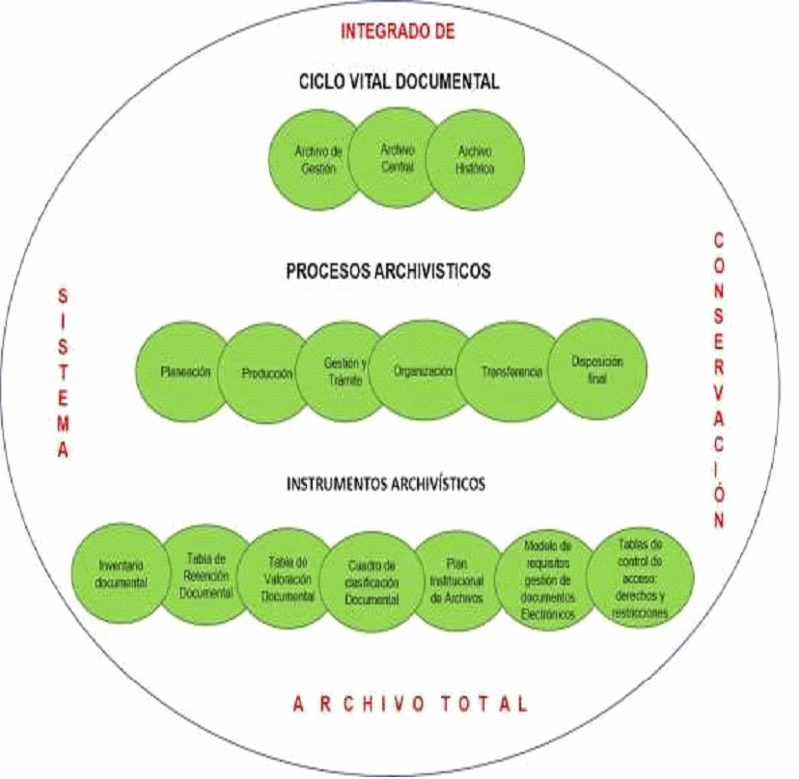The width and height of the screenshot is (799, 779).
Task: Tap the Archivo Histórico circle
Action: point(476,159)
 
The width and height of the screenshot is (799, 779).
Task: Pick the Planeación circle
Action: point(186,372)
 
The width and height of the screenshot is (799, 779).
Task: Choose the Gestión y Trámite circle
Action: point(344,370)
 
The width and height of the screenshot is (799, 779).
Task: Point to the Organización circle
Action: point(423,369)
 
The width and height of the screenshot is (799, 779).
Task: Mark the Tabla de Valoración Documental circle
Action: point(287,580)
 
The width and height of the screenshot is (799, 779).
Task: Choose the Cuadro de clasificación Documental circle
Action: point(371,582)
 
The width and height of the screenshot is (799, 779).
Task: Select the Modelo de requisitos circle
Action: point(546,578)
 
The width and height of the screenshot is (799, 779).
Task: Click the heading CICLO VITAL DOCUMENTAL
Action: point(399,82)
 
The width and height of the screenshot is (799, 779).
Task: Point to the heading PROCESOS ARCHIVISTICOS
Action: point(388,272)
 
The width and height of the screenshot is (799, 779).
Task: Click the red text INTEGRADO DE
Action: point(397,31)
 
